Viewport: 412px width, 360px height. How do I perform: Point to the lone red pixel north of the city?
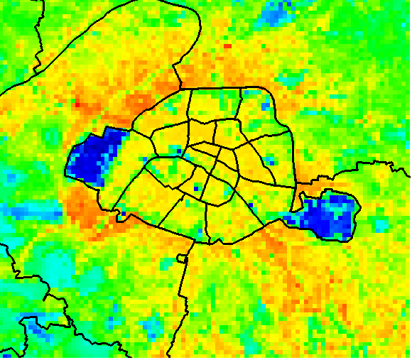[228, 45]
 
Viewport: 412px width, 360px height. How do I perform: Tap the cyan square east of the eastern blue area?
[381, 225]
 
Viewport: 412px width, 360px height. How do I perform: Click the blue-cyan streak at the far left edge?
[21, 210]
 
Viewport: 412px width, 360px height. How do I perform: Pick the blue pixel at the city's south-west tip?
[121, 212]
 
